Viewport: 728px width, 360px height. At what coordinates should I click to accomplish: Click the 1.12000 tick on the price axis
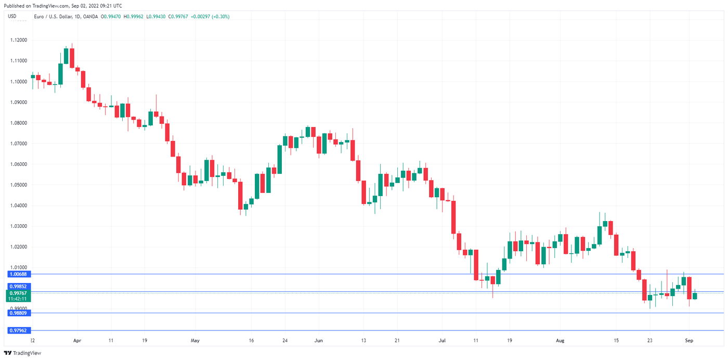tap(19, 40)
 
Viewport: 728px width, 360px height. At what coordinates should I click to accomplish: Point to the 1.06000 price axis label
tap(19, 164)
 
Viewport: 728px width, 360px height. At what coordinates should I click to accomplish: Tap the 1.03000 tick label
tap(19, 226)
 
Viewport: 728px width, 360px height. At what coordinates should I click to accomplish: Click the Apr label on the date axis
tap(77, 341)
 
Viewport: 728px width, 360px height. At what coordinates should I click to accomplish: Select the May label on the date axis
tap(195, 341)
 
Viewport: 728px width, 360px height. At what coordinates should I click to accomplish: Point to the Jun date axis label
tap(319, 341)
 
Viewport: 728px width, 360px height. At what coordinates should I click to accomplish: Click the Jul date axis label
tap(442, 341)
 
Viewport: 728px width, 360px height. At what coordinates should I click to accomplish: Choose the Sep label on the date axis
tap(689, 341)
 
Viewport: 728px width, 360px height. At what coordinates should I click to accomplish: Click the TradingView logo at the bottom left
tap(23, 353)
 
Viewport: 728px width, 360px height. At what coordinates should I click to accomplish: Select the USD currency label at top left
tap(12, 17)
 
